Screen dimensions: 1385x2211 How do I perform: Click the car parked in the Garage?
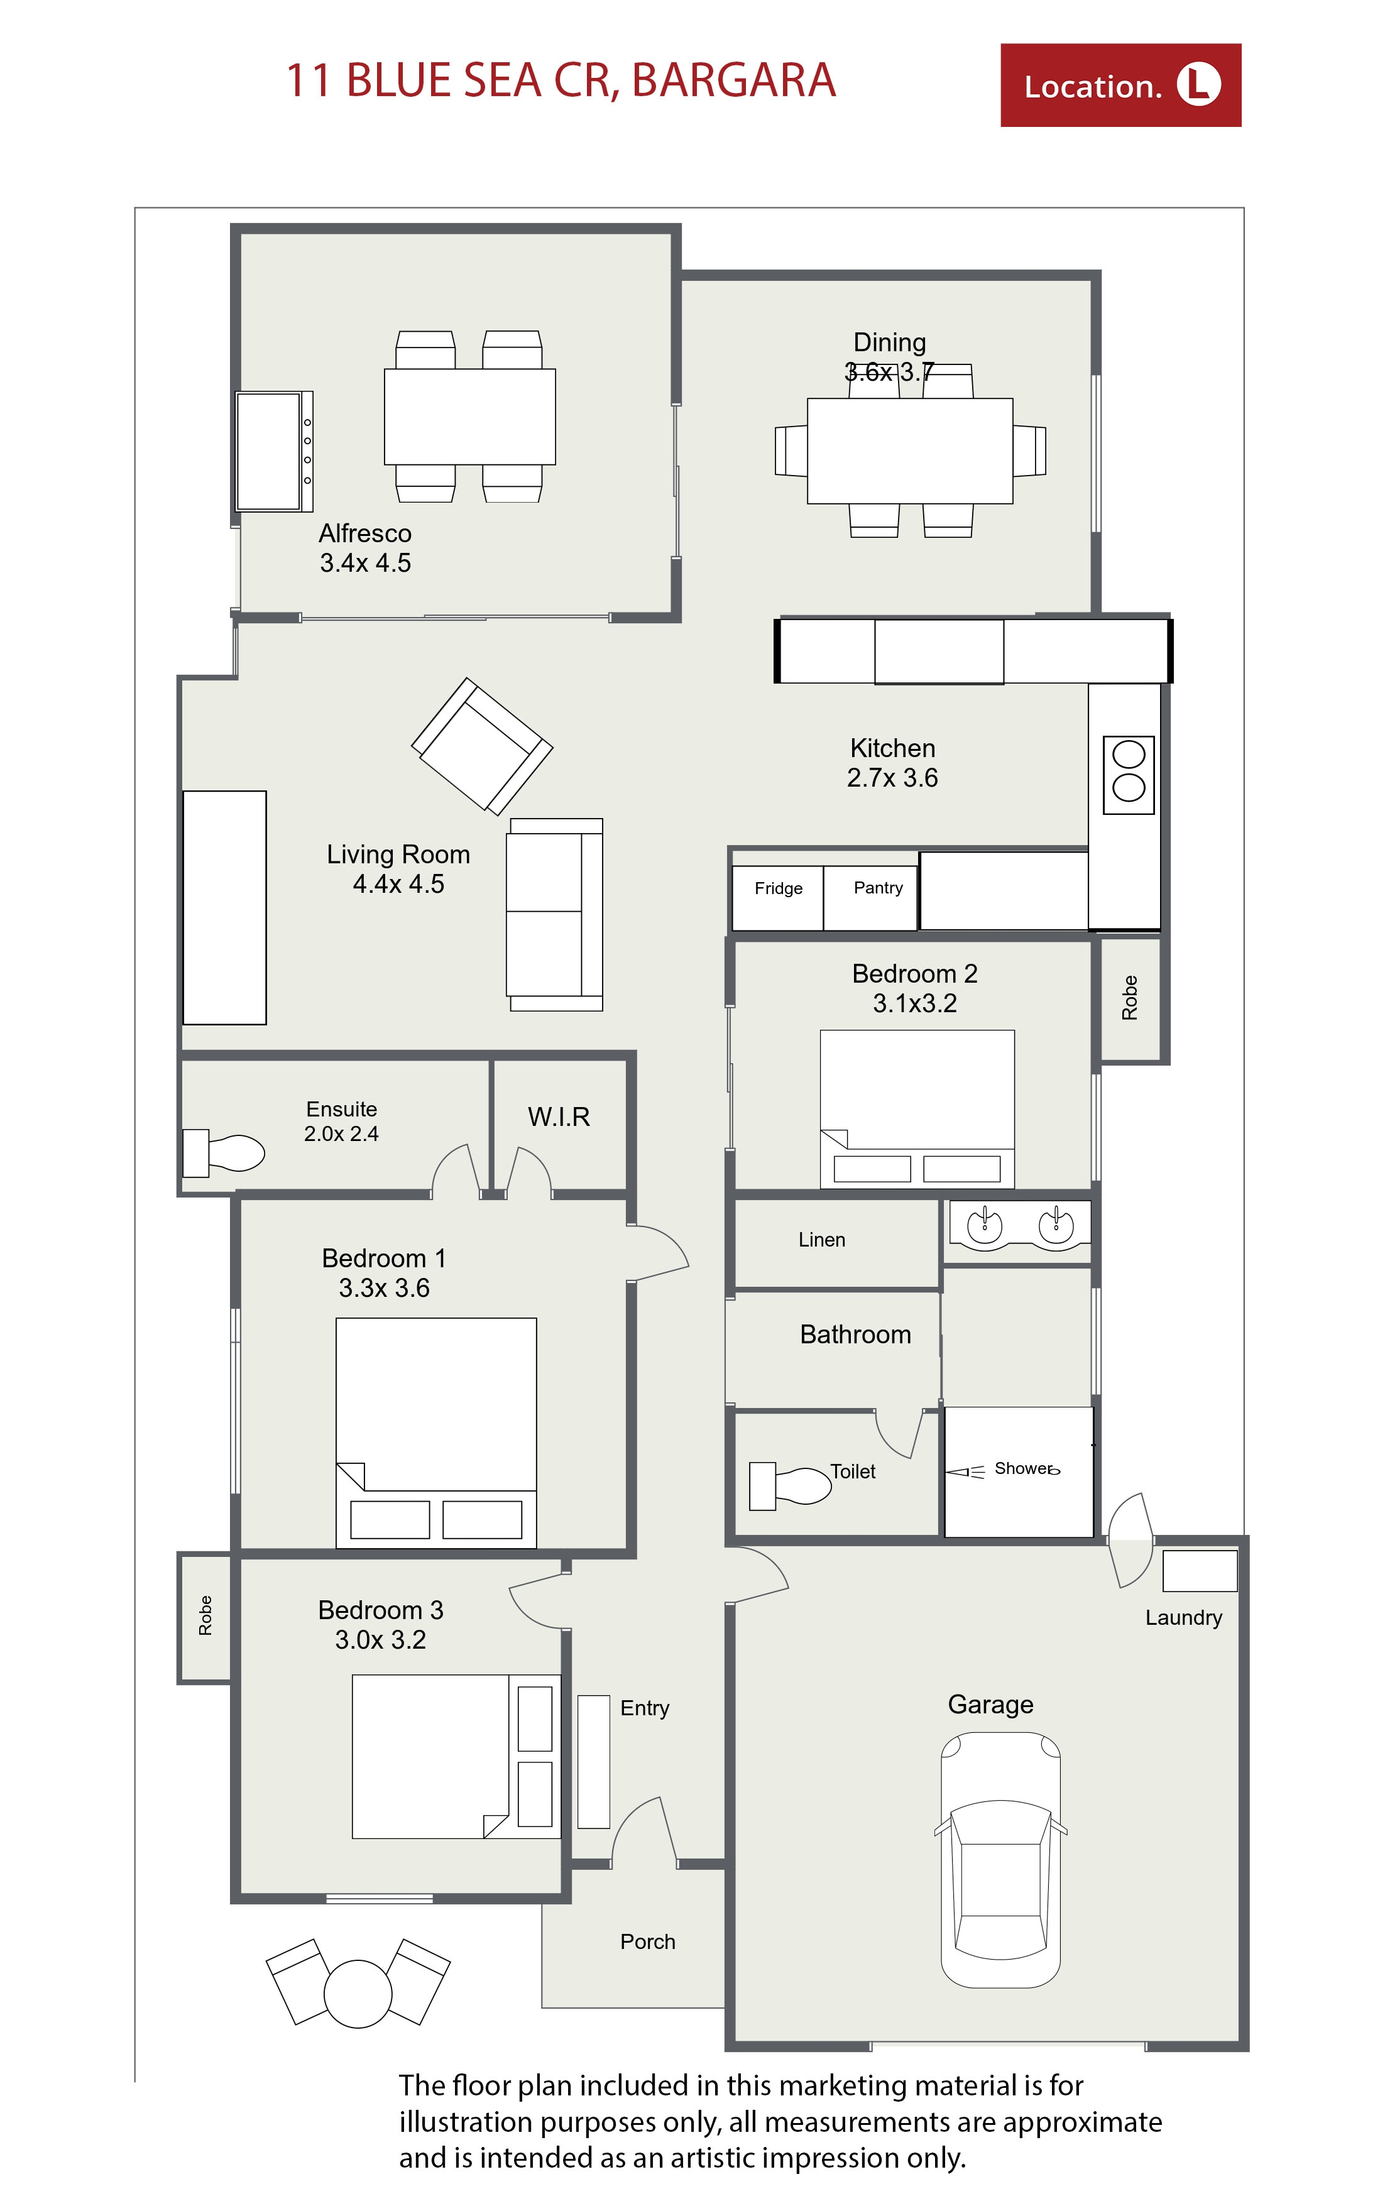pos(1000,1859)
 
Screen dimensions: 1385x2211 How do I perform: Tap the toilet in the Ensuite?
pos(224,1152)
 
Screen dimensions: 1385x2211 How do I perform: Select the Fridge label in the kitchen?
pos(779,888)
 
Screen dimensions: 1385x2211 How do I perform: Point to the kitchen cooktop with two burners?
pos(1129,775)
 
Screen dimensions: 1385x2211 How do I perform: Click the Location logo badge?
pos(1120,85)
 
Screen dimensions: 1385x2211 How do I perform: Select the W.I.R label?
pos(559,1116)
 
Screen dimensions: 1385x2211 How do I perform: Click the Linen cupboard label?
pos(822,1239)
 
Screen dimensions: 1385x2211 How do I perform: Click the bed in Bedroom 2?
pos(917,1109)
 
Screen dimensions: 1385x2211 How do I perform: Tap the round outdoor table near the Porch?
pos(358,1994)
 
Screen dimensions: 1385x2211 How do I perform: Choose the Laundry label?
pos(1183,1617)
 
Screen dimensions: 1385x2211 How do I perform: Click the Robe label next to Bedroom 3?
pos(205,1615)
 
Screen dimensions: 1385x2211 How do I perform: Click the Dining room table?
pos(909,450)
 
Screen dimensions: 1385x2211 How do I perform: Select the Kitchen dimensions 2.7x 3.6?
pos(892,778)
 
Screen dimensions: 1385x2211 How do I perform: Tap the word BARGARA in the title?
pos(734,80)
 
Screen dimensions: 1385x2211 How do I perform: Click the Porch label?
pos(648,1941)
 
